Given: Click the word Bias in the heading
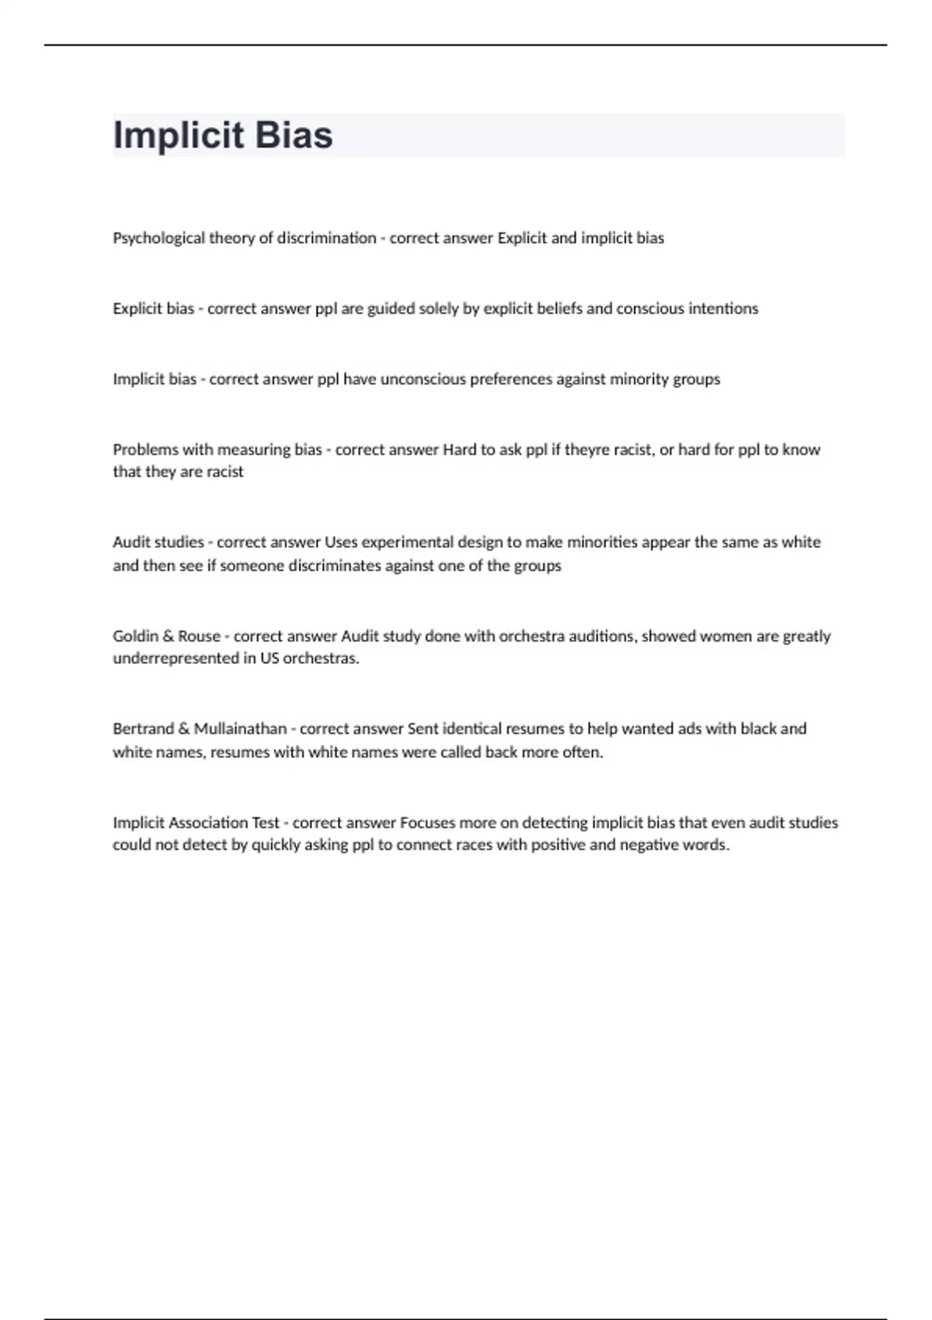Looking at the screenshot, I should (294, 135).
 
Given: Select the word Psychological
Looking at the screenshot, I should (158, 238).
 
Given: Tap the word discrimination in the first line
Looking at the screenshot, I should (326, 238).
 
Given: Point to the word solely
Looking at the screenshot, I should (439, 309).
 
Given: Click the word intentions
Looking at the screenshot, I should (722, 309).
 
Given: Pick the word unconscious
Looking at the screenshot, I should (423, 380).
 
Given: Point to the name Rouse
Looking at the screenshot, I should (200, 637).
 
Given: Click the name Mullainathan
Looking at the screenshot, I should (240, 729).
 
